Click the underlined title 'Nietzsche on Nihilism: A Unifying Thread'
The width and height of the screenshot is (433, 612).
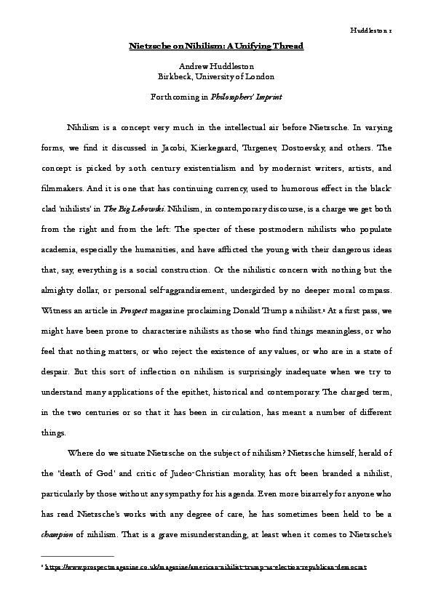(216, 46)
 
